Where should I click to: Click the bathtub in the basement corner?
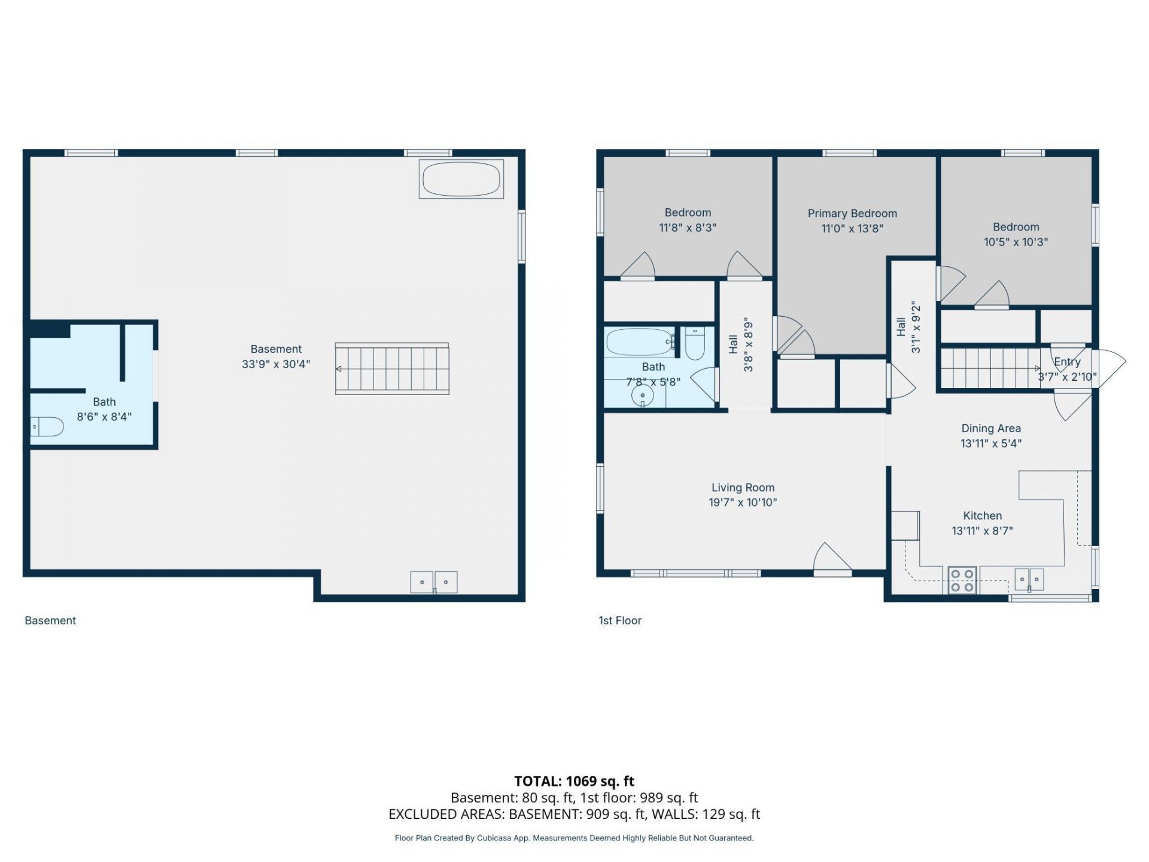click(x=461, y=178)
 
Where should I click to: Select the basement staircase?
click(x=392, y=369)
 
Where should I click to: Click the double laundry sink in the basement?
click(x=434, y=582)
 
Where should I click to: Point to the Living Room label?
click(x=743, y=487)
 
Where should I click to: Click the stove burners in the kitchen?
click(x=962, y=580)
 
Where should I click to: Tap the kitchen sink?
click(x=1029, y=579)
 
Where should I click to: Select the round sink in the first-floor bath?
click(x=643, y=396)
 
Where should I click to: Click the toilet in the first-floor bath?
click(x=694, y=343)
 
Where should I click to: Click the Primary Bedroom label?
click(x=852, y=213)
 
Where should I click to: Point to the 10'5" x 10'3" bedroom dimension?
click(x=1016, y=242)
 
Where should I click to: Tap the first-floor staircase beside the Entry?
click(x=991, y=368)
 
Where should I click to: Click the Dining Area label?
click(x=991, y=428)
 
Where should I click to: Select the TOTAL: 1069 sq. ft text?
click(x=574, y=781)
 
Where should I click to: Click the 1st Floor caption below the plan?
click(x=620, y=621)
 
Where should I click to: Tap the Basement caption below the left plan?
click(x=50, y=621)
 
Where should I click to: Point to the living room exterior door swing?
click(x=832, y=559)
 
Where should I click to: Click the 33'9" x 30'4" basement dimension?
click(x=276, y=364)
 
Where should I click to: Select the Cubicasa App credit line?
click(x=574, y=838)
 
